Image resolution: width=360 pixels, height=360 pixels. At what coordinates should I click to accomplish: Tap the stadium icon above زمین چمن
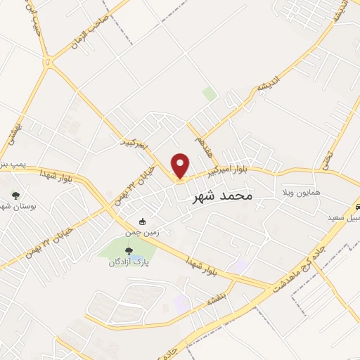(x=143, y=222)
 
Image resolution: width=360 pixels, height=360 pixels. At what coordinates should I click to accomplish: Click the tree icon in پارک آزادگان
(x=127, y=250)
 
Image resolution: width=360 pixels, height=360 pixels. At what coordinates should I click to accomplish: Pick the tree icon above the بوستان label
(x=15, y=196)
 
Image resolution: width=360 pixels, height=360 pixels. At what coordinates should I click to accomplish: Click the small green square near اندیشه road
(x=209, y=93)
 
